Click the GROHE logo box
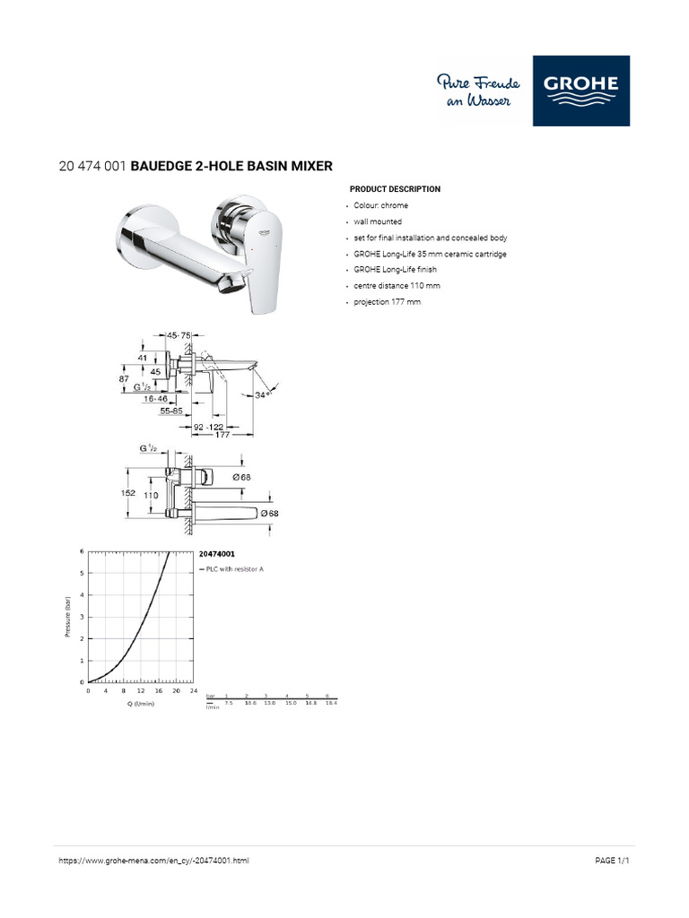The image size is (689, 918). tap(580, 91)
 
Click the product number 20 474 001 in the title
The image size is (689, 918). tap(92, 166)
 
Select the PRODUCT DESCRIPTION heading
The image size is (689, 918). tap(395, 189)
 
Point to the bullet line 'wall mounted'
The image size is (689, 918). tap(378, 221)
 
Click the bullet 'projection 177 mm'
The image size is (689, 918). tap(387, 302)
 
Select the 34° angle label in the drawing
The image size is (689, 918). tap(263, 394)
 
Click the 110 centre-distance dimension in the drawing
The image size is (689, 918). tap(151, 495)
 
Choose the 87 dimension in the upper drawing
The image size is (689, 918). tap(126, 380)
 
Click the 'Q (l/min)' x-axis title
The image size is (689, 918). tap(141, 704)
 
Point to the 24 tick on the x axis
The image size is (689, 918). tap(193, 691)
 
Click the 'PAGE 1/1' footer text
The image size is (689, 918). tap(614, 861)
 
